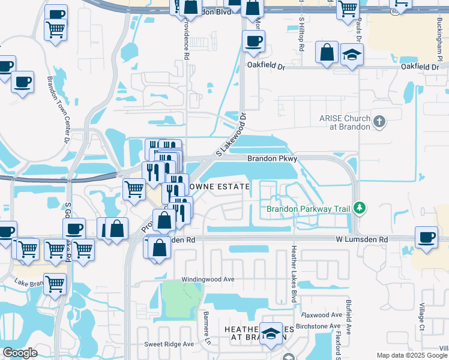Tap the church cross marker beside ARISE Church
(379, 122)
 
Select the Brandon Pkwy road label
(273, 159)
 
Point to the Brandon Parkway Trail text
(308, 209)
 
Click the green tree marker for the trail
(360, 208)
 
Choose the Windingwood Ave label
(208, 280)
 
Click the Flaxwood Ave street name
(322, 314)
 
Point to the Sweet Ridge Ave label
(169, 344)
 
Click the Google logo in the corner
(20, 353)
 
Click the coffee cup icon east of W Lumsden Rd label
(427, 236)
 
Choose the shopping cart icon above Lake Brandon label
(55, 283)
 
